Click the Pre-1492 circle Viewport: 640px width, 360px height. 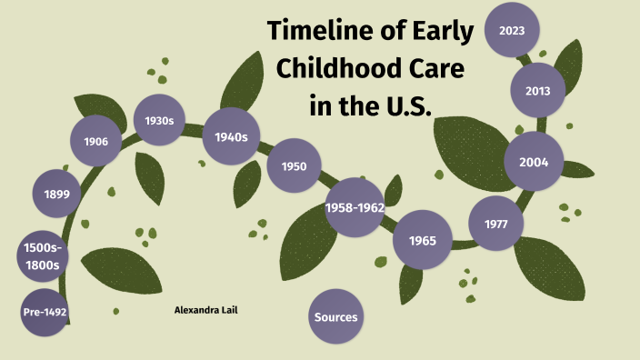point(45,313)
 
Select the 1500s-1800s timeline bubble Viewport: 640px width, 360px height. point(43,255)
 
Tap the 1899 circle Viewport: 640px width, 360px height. point(56,194)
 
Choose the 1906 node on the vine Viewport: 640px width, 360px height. point(96,141)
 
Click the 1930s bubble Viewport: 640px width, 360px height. point(159,120)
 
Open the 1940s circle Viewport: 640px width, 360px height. point(232,136)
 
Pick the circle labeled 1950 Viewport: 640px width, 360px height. point(294,166)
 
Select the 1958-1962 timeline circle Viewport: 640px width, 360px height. point(355,208)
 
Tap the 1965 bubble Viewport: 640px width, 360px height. point(422,241)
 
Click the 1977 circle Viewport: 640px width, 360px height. point(496,224)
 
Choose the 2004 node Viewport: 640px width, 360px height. point(533,163)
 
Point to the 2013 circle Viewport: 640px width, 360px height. point(537,90)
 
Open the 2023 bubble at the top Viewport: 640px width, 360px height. point(512,30)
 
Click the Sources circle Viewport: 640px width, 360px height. point(336,317)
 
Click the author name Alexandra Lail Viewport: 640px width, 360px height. point(205,310)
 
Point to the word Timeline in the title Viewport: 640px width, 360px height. point(317,32)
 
